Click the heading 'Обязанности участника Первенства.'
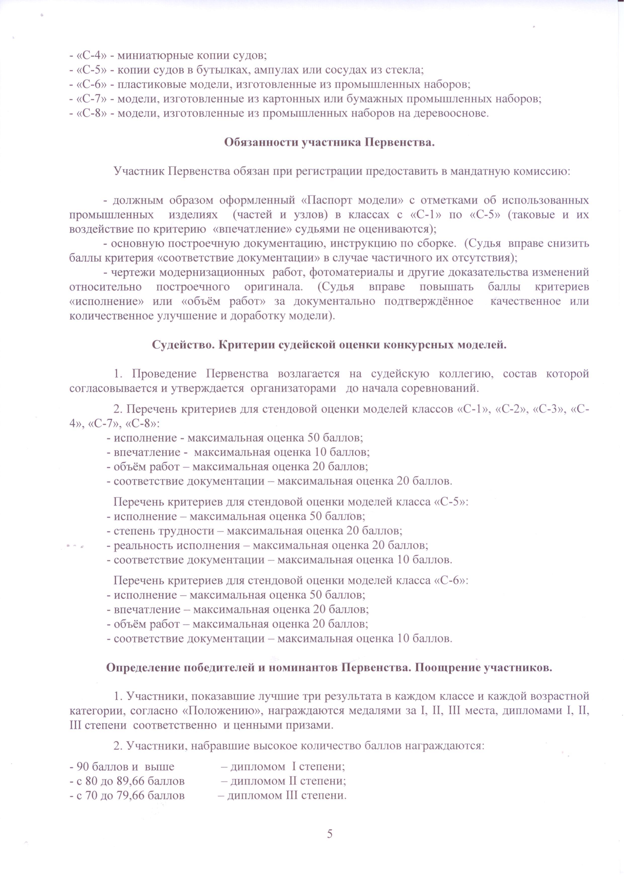[x=329, y=143]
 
